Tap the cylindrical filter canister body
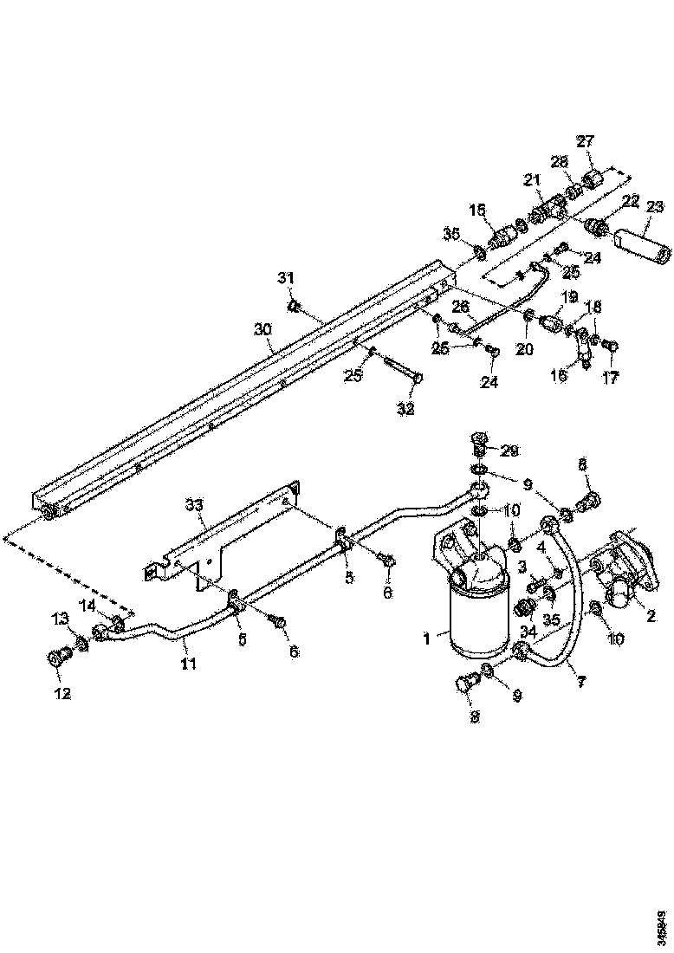474,619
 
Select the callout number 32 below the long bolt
405,409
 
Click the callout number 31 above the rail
286,277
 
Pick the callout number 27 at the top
586,143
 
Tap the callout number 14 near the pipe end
88,604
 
